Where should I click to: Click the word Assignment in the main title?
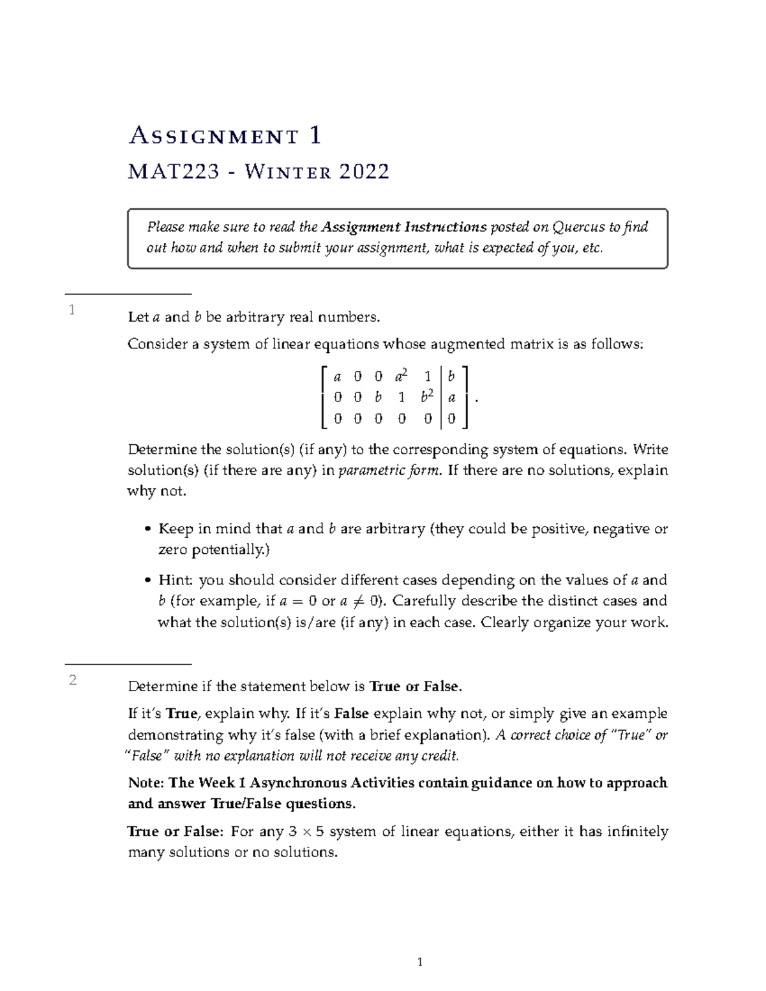coord(214,136)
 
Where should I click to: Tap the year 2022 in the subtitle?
coord(364,172)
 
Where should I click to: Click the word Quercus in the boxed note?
coord(579,227)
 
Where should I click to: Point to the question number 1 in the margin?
coord(72,310)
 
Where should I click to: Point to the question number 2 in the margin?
coord(73,680)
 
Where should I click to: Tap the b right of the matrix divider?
coord(452,376)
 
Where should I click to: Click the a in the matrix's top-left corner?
coord(338,377)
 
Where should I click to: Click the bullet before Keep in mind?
coord(148,530)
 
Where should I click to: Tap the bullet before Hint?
coord(148,581)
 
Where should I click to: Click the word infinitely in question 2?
coord(637,831)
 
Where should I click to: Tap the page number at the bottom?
coord(420,962)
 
